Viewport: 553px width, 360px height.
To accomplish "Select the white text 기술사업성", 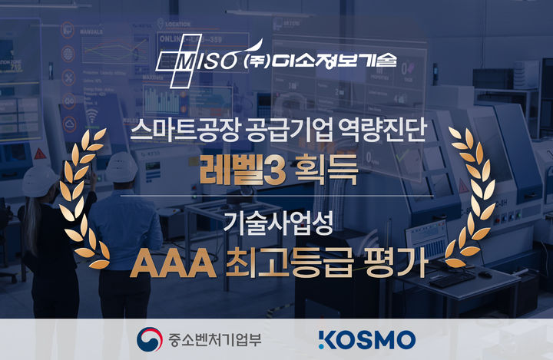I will [276, 223].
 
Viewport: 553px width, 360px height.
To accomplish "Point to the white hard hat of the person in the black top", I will [39, 181].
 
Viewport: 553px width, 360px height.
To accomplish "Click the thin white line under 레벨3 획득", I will [276, 197].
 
